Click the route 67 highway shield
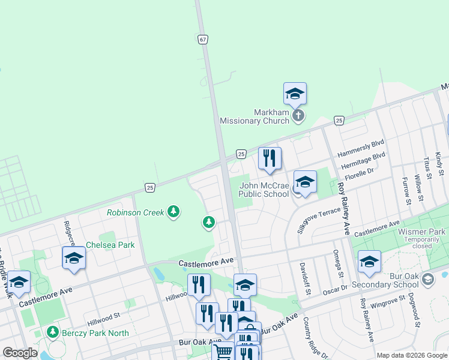click(203, 40)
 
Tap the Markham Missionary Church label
click(255, 116)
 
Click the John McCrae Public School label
click(264, 190)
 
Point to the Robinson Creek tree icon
click(173, 211)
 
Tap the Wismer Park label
click(421, 232)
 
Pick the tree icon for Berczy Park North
click(53, 332)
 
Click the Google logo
click(20, 353)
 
